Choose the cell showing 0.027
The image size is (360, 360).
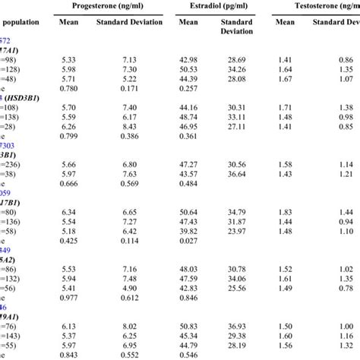click(x=188, y=242)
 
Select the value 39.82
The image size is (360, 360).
click(x=188, y=231)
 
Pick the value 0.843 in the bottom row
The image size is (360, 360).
click(x=68, y=355)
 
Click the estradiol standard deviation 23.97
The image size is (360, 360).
click(x=237, y=231)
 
